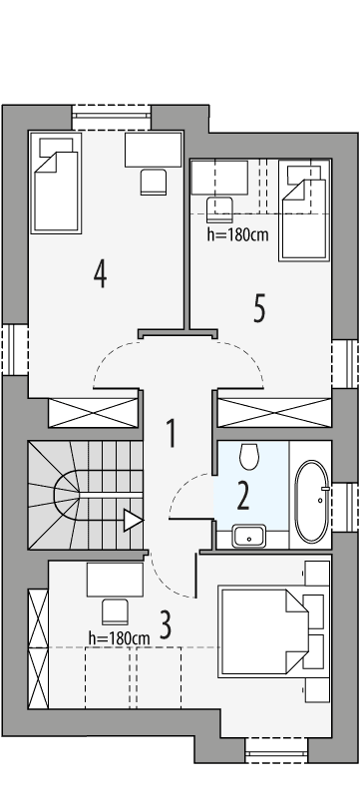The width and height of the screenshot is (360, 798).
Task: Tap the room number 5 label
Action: click(259, 309)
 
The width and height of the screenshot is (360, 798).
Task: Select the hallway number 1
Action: click(172, 434)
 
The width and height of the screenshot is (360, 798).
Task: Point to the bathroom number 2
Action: click(242, 494)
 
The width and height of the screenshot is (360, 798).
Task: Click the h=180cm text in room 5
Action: click(235, 236)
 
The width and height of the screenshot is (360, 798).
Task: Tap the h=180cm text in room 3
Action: click(119, 637)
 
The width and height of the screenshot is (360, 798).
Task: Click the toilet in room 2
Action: click(249, 456)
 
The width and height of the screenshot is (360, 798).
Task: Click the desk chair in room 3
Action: click(114, 610)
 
